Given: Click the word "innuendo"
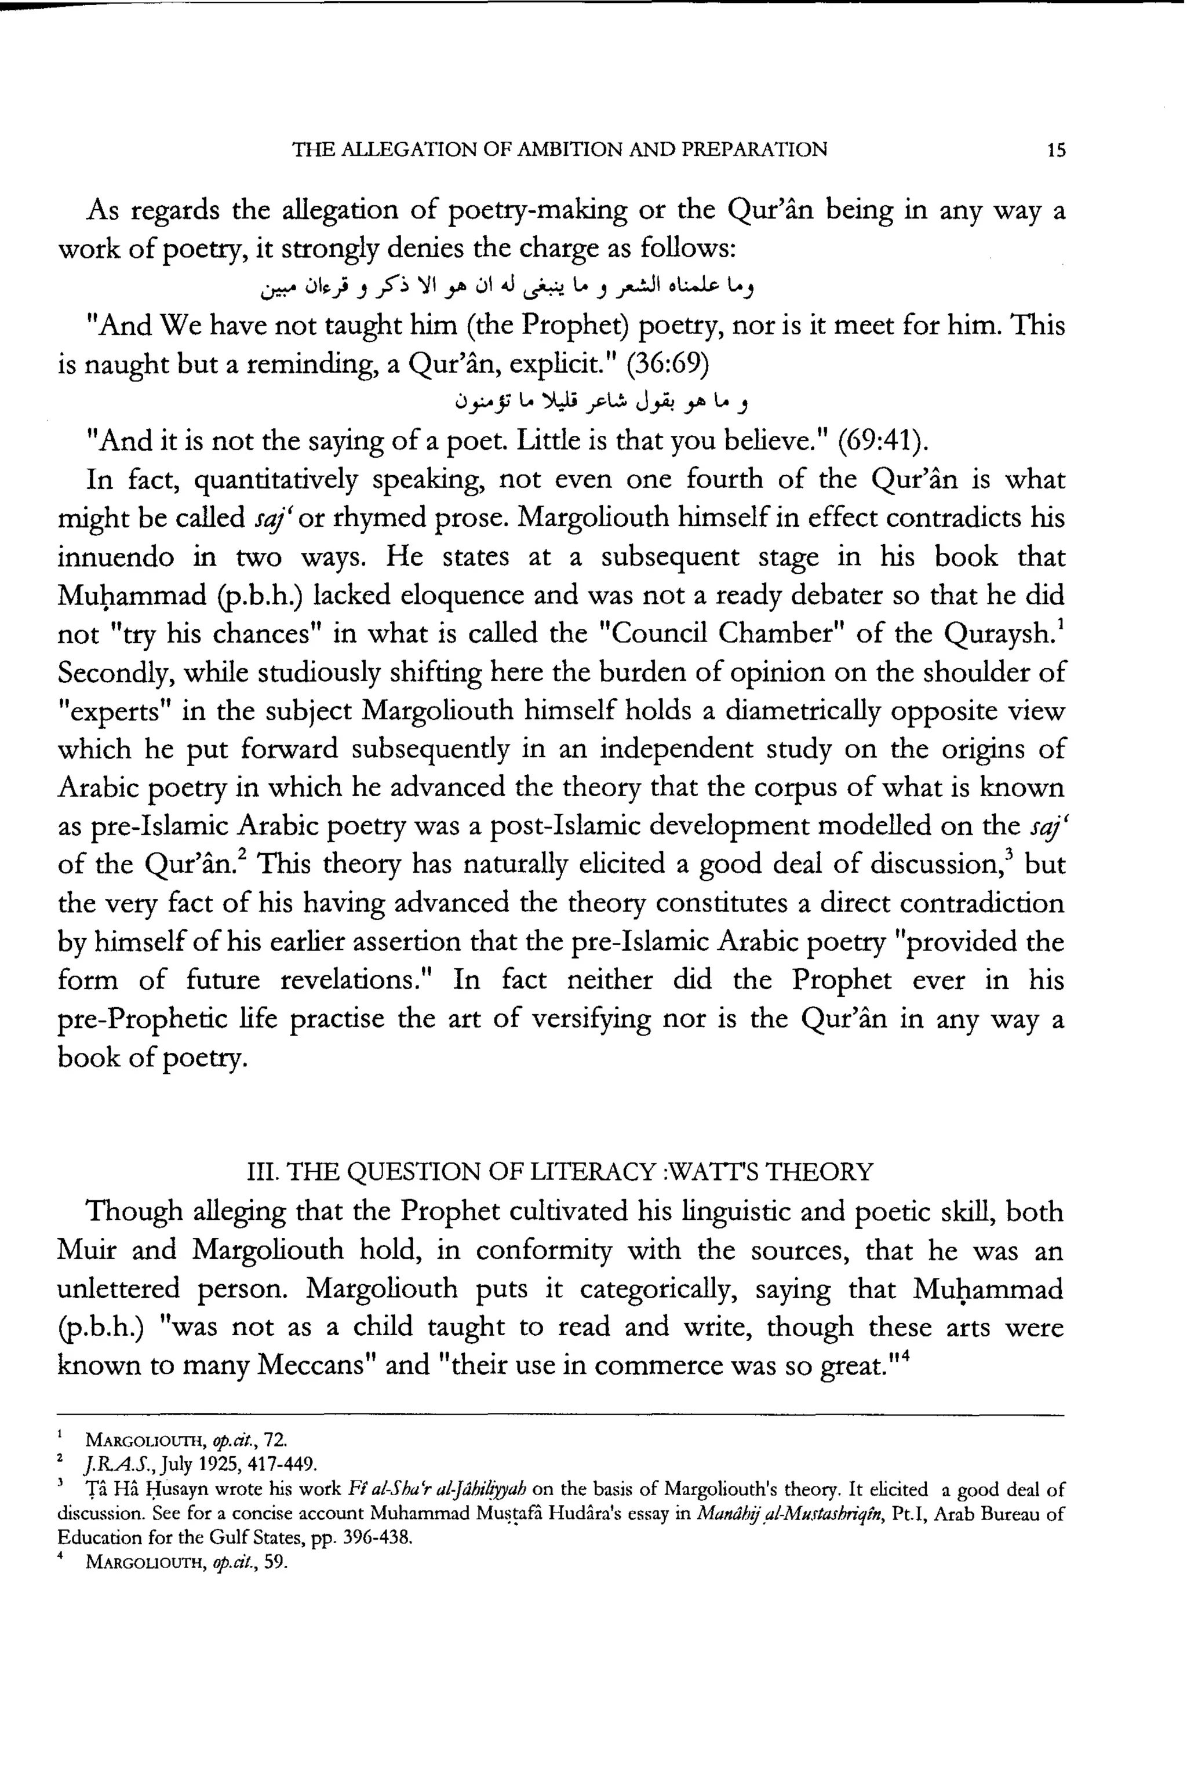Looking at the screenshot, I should (x=116, y=557).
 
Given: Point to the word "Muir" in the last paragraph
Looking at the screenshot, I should (x=87, y=1250).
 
